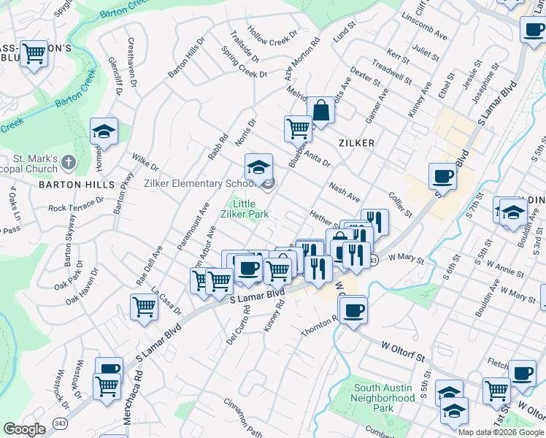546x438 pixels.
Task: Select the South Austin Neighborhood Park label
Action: [x=383, y=399]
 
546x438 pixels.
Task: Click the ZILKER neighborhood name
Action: [x=356, y=143]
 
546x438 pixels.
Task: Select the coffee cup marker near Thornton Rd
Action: [x=353, y=310]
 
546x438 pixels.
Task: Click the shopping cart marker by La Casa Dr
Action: [x=144, y=307]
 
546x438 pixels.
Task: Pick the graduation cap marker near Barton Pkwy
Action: [x=104, y=132]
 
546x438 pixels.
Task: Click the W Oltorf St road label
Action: [x=400, y=354]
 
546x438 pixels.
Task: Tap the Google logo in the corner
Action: [x=24, y=429]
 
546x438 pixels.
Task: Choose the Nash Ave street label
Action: [x=345, y=193]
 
